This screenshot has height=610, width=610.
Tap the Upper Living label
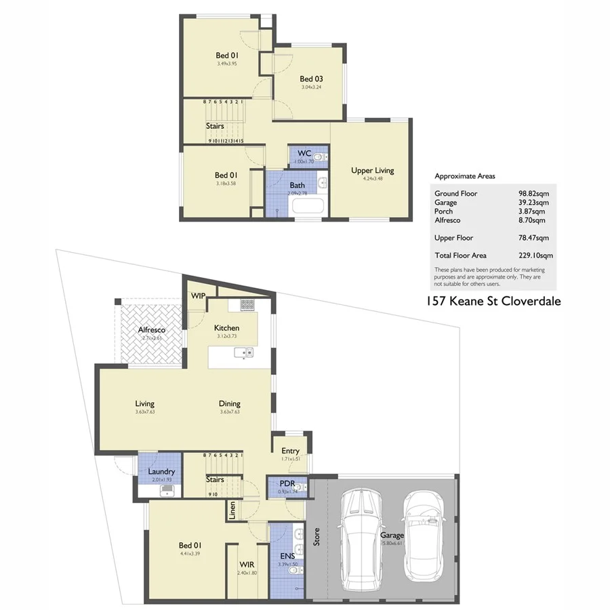point(372,170)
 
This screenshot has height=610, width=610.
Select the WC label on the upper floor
point(304,153)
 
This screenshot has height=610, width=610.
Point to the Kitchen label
point(227,327)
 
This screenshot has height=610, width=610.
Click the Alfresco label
point(152,329)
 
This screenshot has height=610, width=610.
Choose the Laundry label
point(161,471)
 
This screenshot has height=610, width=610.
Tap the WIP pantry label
point(198,296)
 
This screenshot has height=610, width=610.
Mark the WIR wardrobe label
point(246,564)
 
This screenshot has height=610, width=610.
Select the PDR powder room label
point(287,483)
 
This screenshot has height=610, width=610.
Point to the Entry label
point(290,451)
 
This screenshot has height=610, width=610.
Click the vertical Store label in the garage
point(316,537)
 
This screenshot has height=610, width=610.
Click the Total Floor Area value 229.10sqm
point(535,256)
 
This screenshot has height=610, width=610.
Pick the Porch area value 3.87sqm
point(531,211)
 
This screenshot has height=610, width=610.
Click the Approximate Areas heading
point(464,176)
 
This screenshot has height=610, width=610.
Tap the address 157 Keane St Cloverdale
point(493,302)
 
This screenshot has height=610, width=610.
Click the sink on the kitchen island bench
point(242,352)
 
